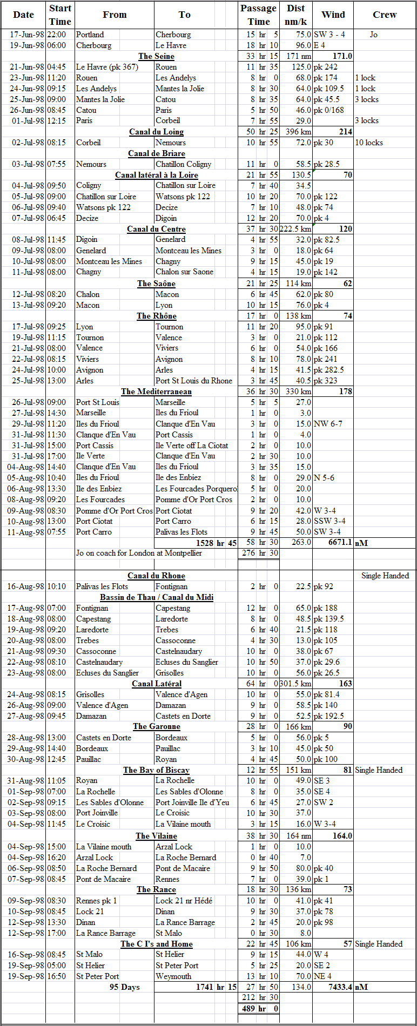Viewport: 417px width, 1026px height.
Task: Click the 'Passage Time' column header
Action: [258, 15]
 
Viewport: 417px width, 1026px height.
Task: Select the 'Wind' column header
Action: [333, 15]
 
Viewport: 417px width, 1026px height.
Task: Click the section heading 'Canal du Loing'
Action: [156, 132]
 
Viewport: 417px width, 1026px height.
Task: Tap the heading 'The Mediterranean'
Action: [156, 391]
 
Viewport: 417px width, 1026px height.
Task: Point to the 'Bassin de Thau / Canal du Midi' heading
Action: [156, 597]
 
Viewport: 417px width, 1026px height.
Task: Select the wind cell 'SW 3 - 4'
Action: [329, 35]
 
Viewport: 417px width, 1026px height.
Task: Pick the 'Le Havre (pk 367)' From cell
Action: [107, 67]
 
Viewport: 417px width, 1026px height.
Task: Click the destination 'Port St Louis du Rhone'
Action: [193, 381]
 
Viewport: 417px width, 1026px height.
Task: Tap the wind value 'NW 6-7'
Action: [328, 424]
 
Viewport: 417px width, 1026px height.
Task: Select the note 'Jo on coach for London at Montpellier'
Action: [139, 553]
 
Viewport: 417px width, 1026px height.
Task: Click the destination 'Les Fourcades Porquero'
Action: [196, 489]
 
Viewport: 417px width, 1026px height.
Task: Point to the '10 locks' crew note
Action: [369, 143]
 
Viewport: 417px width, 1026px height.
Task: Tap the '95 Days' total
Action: [124, 987]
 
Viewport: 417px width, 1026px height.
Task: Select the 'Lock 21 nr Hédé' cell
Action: [184, 901]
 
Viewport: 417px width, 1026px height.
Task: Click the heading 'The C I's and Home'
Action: [156, 944]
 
